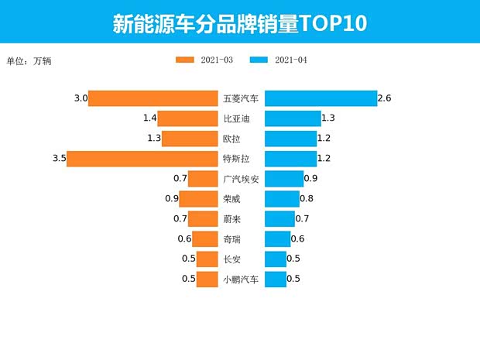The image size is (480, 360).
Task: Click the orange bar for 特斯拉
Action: coord(142,159)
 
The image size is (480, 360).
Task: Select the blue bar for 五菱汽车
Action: coord(321,98)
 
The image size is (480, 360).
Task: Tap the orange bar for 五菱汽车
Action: coord(153,98)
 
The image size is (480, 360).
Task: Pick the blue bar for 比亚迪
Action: coord(293,118)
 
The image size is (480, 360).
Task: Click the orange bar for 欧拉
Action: coord(190,139)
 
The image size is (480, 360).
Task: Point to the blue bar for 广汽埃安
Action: coord(284,179)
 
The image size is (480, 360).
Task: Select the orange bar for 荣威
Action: coord(199,199)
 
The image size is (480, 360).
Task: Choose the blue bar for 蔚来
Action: coord(279,219)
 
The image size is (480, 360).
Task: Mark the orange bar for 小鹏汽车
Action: coord(207,279)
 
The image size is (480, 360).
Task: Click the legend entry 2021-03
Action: coord(205,60)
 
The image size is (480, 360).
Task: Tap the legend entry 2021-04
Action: coord(279,60)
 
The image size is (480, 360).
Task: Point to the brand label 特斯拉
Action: coord(236,159)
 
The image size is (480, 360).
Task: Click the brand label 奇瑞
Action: coord(231,239)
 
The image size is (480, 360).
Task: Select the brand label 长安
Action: coord(231,259)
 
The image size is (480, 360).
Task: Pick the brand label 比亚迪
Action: coord(236,118)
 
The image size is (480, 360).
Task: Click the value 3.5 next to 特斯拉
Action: coord(58,159)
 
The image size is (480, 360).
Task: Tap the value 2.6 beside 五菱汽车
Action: coord(385,98)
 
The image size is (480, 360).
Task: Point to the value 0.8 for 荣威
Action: coord(306,199)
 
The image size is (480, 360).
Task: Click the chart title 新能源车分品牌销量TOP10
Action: coord(239,23)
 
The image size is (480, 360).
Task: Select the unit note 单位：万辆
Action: coord(29,60)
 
